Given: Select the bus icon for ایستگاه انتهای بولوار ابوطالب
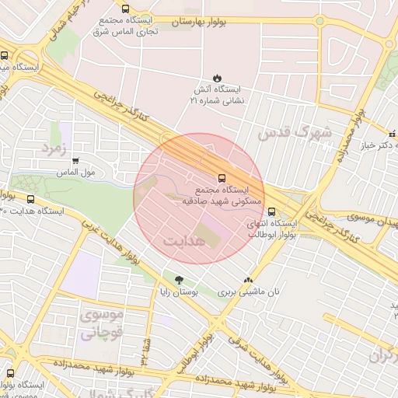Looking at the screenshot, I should pos(271,211).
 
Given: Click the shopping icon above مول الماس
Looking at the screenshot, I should pos(75,161).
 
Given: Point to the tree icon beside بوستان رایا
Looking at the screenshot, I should pos(180,280).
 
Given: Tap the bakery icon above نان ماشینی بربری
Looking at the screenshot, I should pos(248,281).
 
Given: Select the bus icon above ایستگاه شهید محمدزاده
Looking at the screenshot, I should pos(10,372).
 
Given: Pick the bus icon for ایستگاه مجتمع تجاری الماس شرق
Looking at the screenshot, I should pos(125,9).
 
